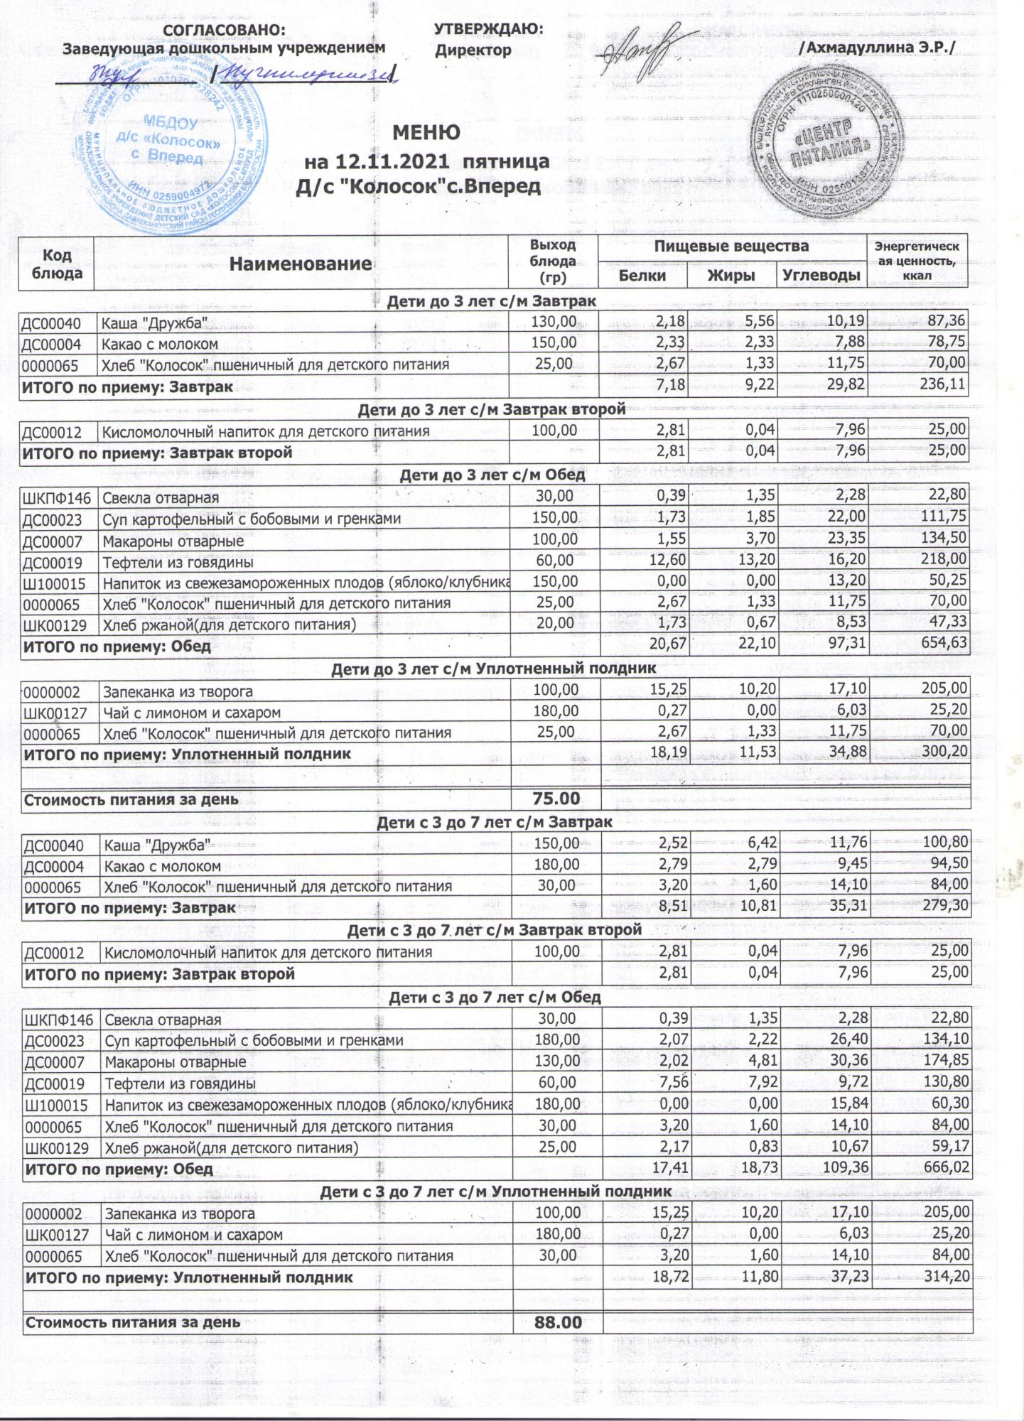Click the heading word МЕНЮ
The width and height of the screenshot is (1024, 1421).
coord(426,133)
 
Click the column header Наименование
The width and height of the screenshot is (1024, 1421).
coord(301,264)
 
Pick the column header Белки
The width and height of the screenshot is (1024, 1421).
coord(642,276)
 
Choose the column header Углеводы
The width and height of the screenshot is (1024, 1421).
coord(821,276)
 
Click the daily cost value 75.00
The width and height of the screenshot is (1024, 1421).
coord(556,799)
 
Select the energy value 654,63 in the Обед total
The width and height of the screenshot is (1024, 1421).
coord(941,646)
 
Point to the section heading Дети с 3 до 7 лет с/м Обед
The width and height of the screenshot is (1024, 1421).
coord(495,997)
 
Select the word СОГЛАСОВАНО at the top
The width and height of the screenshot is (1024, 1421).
coord(225,30)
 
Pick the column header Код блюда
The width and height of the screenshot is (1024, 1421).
coord(57,263)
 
